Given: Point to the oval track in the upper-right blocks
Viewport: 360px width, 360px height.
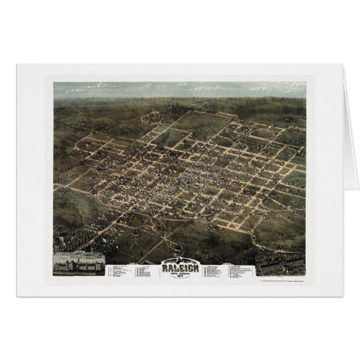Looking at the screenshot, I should pos(261,135).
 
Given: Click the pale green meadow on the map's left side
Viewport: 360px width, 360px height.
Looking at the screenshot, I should pos(68,197).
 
